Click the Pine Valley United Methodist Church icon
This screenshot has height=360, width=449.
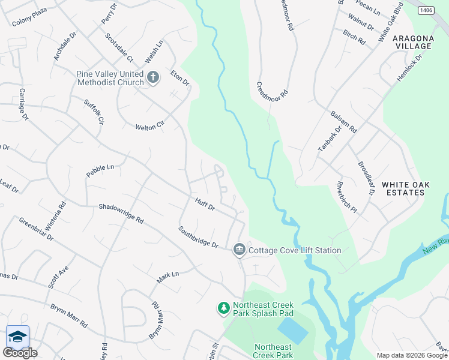(x=152, y=77)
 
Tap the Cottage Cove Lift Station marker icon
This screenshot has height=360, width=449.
(x=239, y=250)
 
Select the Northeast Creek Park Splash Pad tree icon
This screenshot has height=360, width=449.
(x=223, y=308)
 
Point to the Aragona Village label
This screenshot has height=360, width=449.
(x=413, y=42)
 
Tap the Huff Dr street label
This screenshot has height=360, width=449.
(x=205, y=204)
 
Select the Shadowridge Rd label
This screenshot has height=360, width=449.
(x=121, y=213)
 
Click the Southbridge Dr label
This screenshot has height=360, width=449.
(x=197, y=236)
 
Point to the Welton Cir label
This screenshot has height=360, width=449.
(x=149, y=127)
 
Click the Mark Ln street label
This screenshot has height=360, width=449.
(x=168, y=277)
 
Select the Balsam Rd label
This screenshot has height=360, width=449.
(x=343, y=121)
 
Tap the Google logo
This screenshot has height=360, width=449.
(x=20, y=353)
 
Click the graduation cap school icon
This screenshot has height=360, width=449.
(x=17, y=337)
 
